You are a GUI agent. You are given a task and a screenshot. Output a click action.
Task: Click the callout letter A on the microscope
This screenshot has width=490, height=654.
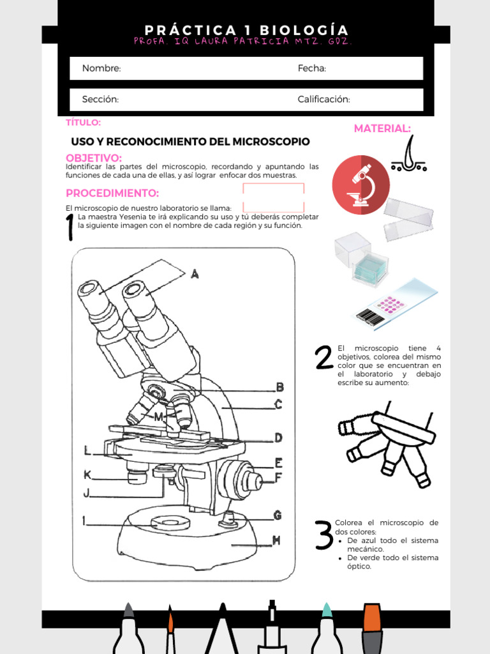(x=195, y=273)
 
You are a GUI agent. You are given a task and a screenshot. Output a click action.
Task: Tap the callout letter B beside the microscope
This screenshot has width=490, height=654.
(x=279, y=386)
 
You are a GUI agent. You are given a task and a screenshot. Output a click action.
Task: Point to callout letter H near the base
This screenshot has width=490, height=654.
(x=276, y=540)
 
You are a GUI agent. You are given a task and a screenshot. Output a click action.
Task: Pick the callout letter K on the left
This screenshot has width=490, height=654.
(x=87, y=475)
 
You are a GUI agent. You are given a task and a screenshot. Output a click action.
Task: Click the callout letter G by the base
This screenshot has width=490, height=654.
(x=278, y=515)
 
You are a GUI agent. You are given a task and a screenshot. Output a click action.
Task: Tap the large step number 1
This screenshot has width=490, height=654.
(x=70, y=229)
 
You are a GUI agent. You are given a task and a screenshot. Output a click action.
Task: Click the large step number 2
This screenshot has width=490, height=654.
(x=324, y=358)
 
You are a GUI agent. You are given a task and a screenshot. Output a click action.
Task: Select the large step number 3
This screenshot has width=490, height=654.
(x=324, y=535)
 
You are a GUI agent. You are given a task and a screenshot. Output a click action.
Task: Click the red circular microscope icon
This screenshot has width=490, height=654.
(x=360, y=183)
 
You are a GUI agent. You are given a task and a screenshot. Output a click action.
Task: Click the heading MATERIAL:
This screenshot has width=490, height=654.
(x=382, y=128)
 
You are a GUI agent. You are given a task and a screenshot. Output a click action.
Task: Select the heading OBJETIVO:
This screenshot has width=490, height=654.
(x=94, y=158)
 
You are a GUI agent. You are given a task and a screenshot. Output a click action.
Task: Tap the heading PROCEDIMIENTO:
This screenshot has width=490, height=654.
(x=112, y=193)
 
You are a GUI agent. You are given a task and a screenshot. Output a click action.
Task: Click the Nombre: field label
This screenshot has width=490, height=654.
(x=101, y=68)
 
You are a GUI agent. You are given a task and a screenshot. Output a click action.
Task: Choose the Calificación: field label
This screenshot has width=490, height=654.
(x=323, y=99)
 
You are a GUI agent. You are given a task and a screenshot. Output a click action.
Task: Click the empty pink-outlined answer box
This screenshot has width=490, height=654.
(x=273, y=197)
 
